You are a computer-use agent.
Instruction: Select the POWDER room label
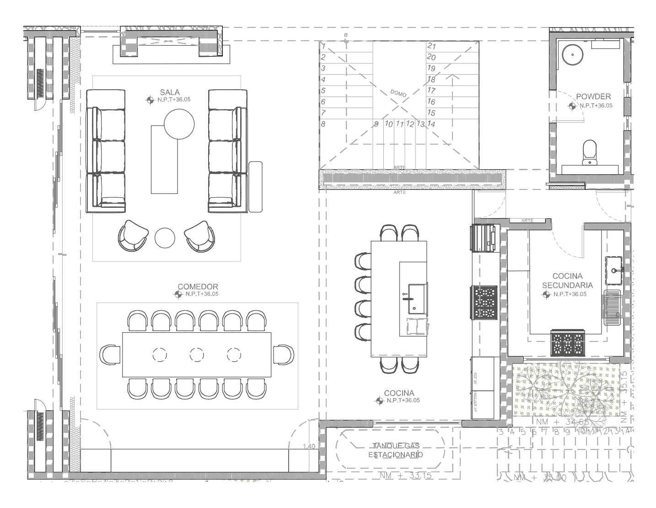[x=593, y=97]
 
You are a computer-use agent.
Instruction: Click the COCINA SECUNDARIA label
[x=567, y=281]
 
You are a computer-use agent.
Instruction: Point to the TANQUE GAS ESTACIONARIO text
[x=396, y=450]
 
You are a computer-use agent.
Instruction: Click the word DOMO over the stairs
[x=398, y=93]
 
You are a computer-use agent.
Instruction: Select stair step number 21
[x=431, y=46]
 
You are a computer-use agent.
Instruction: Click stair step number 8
[x=323, y=124]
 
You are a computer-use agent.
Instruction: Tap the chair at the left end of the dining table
[x=110, y=355]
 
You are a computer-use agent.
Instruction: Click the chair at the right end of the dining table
[x=284, y=355]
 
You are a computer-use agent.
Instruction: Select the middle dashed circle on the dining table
[x=197, y=354]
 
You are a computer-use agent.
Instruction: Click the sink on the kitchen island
[x=416, y=298]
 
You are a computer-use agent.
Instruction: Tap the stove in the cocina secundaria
[x=568, y=343]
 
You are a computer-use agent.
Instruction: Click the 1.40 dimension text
[x=309, y=446]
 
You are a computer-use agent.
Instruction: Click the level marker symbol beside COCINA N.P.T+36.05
[x=379, y=401]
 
